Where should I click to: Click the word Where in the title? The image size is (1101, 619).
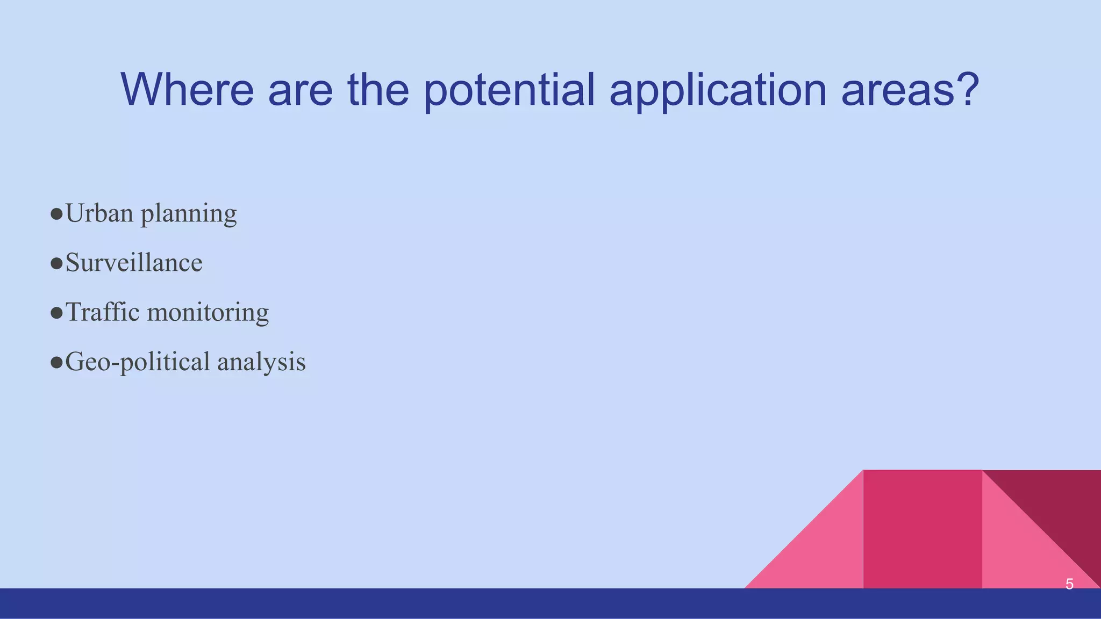[x=187, y=90]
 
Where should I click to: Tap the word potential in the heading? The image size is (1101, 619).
[x=509, y=90]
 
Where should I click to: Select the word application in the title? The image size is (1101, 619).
[x=718, y=90]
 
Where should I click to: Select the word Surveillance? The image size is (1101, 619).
[x=134, y=263]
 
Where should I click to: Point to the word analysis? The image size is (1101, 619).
[x=261, y=362]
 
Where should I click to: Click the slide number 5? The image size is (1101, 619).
[x=1069, y=584]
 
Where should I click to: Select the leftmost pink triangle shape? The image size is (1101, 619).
[x=823, y=553]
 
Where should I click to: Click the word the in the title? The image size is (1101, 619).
[x=378, y=90]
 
